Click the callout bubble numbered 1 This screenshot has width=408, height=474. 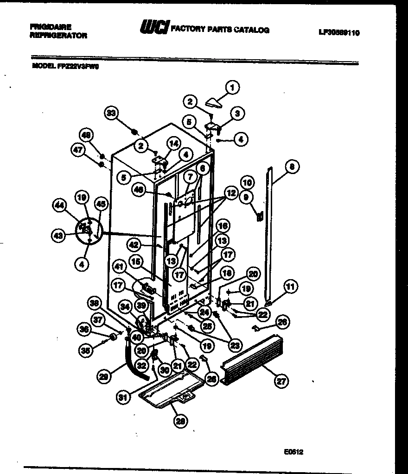coord(232,87)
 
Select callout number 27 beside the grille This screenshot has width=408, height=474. coord(280,381)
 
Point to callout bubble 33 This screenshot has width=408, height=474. coord(111,113)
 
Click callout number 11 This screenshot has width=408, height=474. coord(291,287)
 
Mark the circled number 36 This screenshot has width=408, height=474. coord(84,329)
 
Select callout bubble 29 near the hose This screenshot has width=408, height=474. coord(105,377)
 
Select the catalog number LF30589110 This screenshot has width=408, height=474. coord(339,33)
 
